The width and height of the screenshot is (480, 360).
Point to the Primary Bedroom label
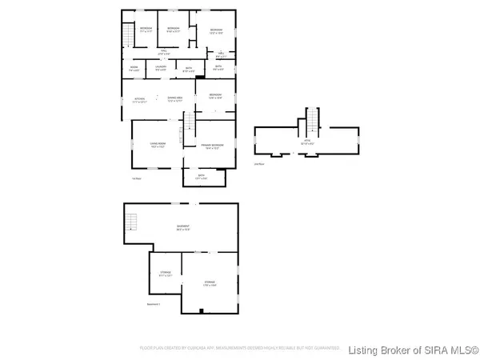pyautogui.click(x=212, y=146)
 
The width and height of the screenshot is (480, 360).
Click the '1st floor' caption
pyautogui.click(x=135, y=178)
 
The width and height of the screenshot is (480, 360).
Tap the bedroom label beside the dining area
pyautogui.click(x=215, y=96)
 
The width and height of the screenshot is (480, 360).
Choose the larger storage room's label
pyautogui.click(x=210, y=282)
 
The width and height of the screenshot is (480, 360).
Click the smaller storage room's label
pyautogui.click(x=166, y=274)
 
